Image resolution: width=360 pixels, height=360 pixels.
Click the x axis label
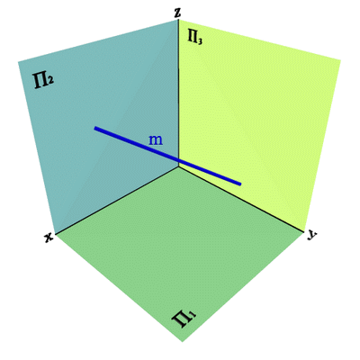click(49, 238)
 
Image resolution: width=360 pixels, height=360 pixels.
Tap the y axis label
click(312, 236)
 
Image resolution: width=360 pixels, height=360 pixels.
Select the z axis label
click(178, 13)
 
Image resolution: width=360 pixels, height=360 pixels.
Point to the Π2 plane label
click(44, 82)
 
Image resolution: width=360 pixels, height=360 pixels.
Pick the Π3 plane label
click(194, 37)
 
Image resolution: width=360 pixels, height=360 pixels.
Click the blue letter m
click(156, 140)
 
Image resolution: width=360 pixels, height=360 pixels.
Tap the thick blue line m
click(167, 156)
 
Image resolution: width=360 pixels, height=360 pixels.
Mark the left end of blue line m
click(95, 128)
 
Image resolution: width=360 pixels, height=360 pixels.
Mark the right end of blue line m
click(240, 184)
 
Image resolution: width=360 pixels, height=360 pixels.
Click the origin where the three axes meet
click(179, 166)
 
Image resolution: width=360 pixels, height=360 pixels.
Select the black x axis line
click(117, 200)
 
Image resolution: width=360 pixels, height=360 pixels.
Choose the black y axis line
click(242, 199)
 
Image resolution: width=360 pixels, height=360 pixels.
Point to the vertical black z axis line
click(179, 93)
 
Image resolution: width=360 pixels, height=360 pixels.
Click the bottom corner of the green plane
click(183, 341)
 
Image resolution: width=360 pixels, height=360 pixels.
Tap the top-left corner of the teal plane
click(19, 62)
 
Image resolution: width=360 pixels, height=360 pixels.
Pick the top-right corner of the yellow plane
click(340, 60)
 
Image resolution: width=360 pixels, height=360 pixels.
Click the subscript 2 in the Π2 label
click(51, 80)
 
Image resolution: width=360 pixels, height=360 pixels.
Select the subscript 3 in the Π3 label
click(200, 41)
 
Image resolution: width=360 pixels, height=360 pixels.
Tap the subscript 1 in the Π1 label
click(193, 316)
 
